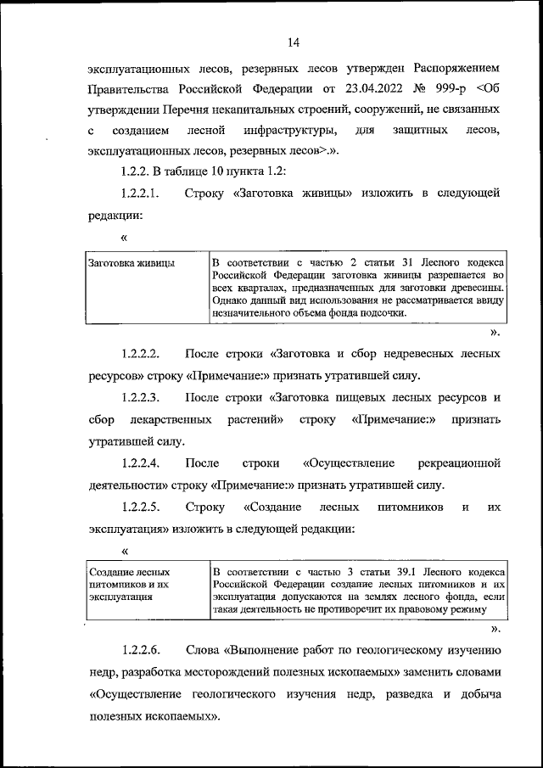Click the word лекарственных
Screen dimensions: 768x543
click(168, 419)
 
